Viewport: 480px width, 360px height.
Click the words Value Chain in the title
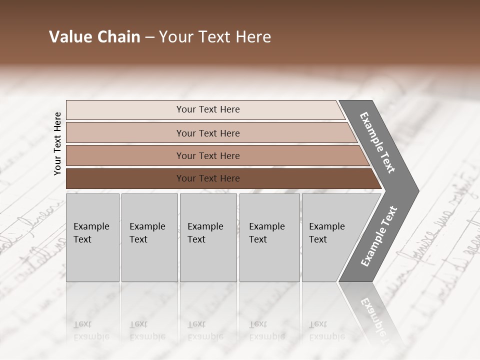94,37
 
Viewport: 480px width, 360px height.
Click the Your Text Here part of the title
215,37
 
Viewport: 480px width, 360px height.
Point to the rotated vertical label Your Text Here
57,143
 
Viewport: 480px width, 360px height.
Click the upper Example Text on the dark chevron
378,142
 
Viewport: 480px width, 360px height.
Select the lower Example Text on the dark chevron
379,236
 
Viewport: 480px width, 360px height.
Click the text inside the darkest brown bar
208,178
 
